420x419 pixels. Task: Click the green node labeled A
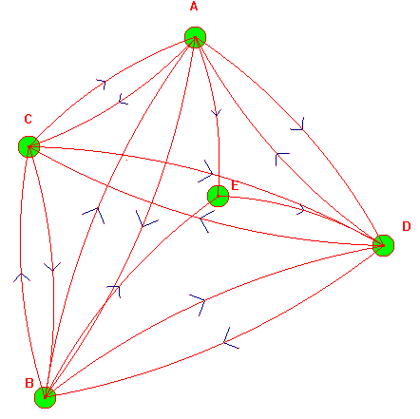[x=195, y=37]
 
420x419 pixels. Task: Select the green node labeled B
[x=45, y=397]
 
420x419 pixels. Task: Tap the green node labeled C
[x=29, y=146]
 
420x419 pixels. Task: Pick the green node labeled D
[x=383, y=245]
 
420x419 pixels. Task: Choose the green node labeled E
[x=218, y=196]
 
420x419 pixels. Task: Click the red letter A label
[x=194, y=7]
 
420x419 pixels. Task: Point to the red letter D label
[x=407, y=226]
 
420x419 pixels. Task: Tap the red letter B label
[x=29, y=383]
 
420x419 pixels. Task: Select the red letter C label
[x=28, y=119]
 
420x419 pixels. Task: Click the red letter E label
[x=235, y=185]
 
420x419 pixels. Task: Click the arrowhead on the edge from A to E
[x=217, y=113]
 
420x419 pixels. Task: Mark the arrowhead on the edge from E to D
[x=302, y=209]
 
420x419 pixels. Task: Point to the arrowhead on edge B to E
[x=116, y=290]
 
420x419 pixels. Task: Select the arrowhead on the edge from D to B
[x=229, y=340]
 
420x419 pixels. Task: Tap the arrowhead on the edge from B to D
[x=200, y=302]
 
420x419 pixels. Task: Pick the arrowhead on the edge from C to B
[x=52, y=267]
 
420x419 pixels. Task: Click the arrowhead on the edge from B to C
[x=22, y=276]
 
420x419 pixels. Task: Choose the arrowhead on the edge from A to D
[x=299, y=125]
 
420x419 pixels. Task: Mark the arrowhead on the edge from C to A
[x=102, y=84]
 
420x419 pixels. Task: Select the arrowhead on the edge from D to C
[x=204, y=220]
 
